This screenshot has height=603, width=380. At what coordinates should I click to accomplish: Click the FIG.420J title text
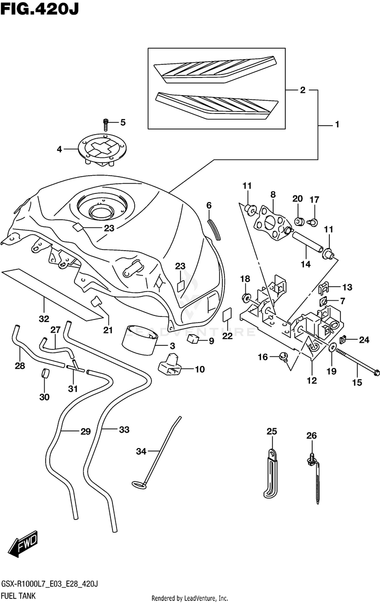point(40,9)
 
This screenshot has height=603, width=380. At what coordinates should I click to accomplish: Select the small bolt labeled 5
point(105,125)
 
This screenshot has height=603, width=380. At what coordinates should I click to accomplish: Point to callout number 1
point(337,124)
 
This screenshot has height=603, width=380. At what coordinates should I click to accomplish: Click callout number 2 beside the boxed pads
point(302,90)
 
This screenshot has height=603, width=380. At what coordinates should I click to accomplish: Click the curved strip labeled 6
point(214,229)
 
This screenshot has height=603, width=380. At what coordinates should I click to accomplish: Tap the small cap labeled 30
point(46,374)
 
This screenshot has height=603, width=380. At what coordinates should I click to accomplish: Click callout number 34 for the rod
point(141,451)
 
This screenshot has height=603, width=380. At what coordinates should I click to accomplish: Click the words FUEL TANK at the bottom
point(18,596)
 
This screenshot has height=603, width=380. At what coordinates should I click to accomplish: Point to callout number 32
point(44,319)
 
